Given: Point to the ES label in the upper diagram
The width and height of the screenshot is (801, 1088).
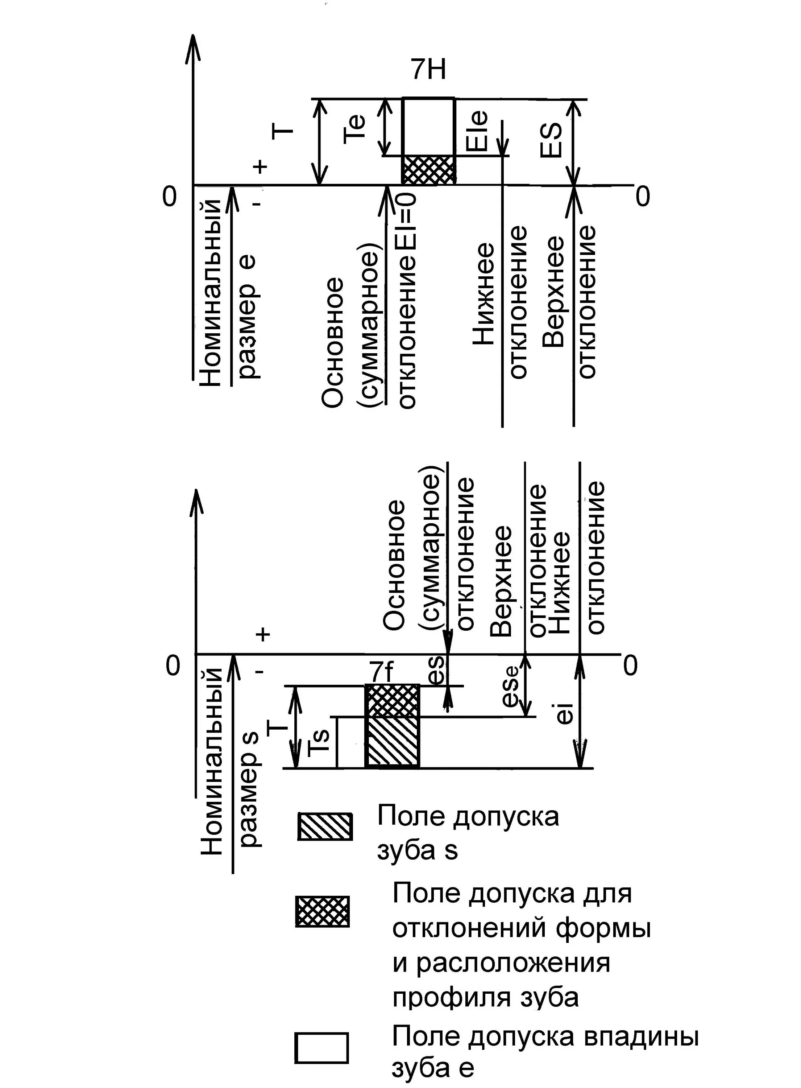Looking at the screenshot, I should (552, 140).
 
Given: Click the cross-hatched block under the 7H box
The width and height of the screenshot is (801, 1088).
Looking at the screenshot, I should (429, 169).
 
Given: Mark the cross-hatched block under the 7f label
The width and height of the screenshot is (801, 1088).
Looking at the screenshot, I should (392, 700).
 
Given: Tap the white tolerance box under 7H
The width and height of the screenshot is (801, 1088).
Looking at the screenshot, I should (429, 126).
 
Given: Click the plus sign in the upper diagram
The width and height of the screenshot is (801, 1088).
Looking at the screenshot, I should (260, 167).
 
